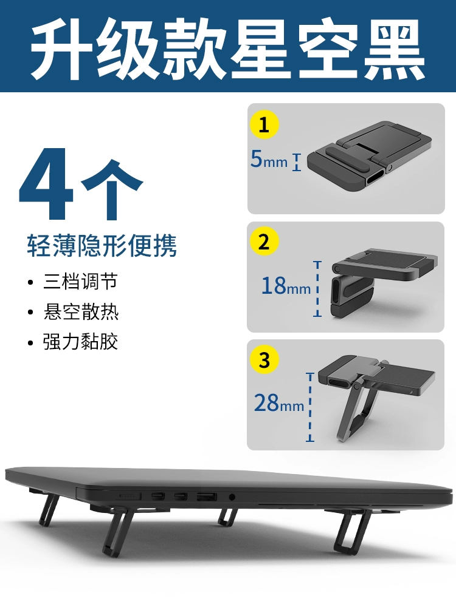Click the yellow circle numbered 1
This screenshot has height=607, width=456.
pyautogui.click(x=264, y=124)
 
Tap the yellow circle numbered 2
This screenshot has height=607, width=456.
pyautogui.click(x=264, y=242)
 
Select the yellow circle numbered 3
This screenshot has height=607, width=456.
pyautogui.click(x=264, y=359)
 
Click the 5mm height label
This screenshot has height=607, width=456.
pyautogui.click(x=269, y=159)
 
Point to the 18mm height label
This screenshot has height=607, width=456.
pyautogui.click(x=286, y=286)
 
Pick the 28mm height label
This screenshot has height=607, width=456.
pyautogui.click(x=279, y=403)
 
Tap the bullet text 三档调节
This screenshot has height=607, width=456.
pyautogui.click(x=80, y=282)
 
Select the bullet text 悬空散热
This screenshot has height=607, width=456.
pyautogui.click(x=81, y=312)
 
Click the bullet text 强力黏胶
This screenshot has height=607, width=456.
pyautogui.click(x=81, y=342)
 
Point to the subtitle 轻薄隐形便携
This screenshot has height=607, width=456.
pyautogui.click(x=102, y=245)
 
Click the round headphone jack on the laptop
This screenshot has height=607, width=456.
pyautogui.click(x=232, y=497)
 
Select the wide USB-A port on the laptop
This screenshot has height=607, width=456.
pyautogui.click(x=207, y=497)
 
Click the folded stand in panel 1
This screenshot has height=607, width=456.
pyautogui.click(x=370, y=157)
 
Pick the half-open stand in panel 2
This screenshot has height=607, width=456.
pyautogui.click(x=384, y=283)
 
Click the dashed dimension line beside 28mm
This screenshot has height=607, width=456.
pyautogui.click(x=310, y=407)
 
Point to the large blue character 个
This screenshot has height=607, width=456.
pyautogui.click(x=112, y=189)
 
